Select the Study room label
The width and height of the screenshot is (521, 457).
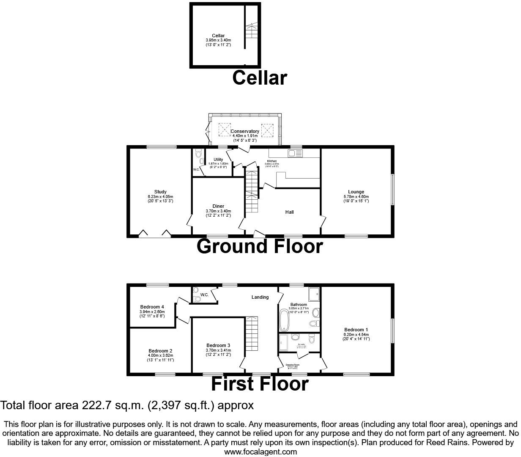(x=160, y=192)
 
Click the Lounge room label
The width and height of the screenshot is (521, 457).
(x=356, y=192)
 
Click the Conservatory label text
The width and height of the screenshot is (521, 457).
(x=245, y=131)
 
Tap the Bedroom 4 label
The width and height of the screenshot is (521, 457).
(x=152, y=307)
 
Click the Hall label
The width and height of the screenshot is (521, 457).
(x=290, y=212)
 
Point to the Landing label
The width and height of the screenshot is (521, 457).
(x=260, y=297)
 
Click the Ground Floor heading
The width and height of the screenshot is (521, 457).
(x=260, y=247)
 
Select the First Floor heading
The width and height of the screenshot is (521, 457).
(x=260, y=384)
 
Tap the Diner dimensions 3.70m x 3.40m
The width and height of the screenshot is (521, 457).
(x=218, y=211)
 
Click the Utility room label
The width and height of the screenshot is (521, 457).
(x=218, y=160)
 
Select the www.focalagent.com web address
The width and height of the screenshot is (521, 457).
(x=260, y=451)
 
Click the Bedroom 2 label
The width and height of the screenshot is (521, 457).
(x=160, y=351)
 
